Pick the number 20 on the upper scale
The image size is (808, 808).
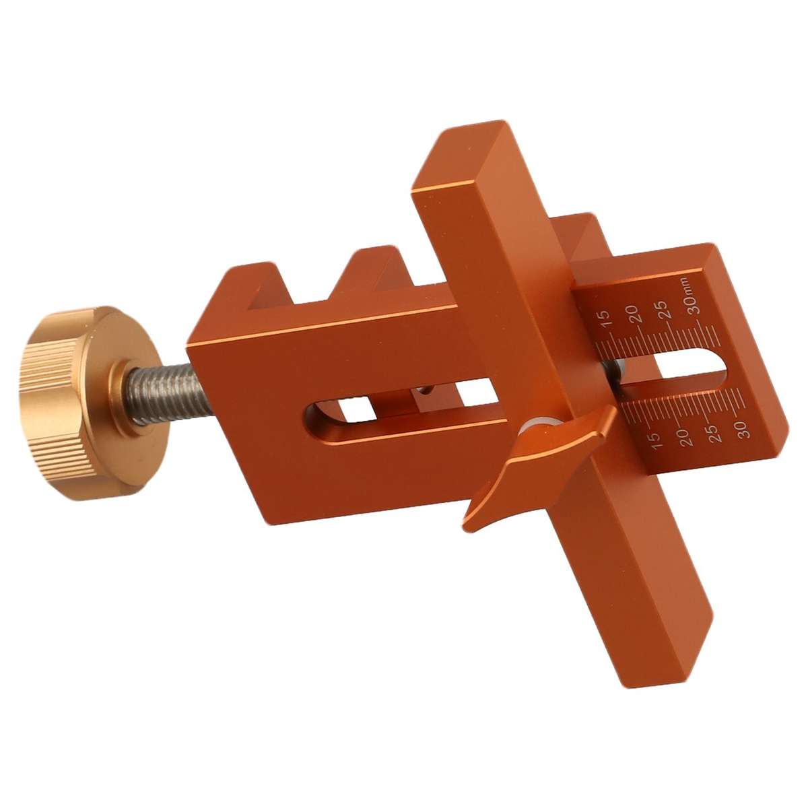(633, 314)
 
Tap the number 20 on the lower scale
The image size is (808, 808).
(685, 436)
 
